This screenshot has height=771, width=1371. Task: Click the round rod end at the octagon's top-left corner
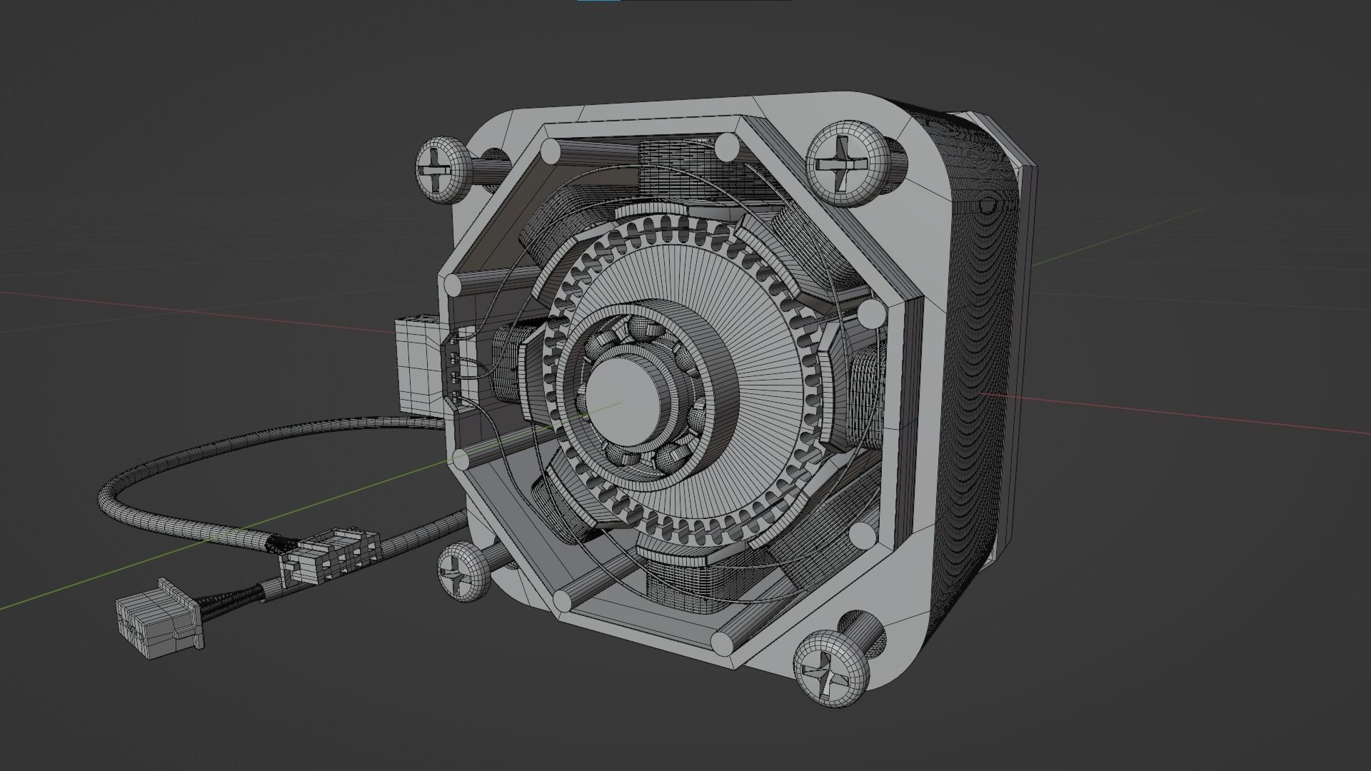click(551, 151)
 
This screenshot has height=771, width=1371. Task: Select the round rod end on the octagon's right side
click(871, 313)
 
